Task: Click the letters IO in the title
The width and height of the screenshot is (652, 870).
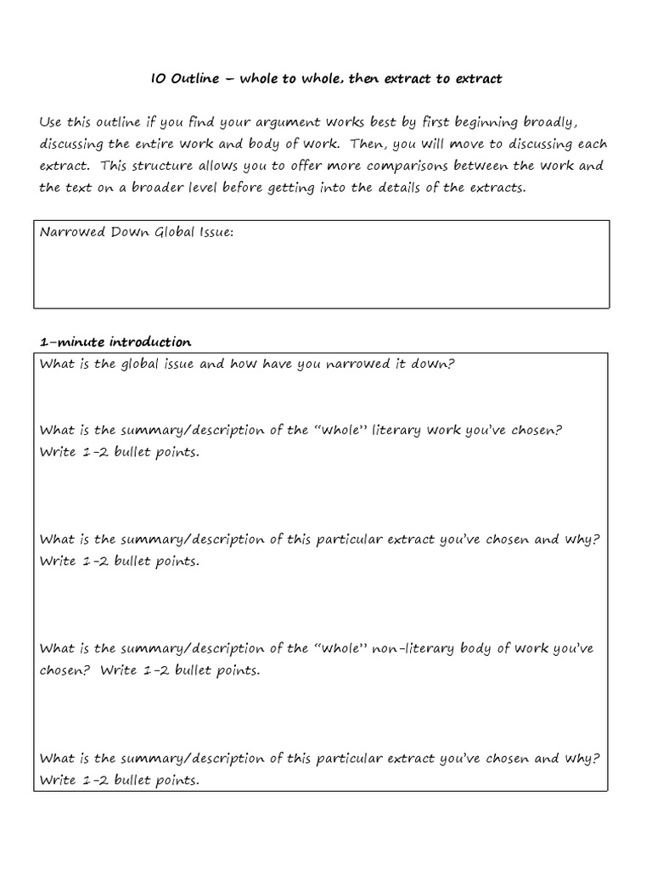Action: coord(157,79)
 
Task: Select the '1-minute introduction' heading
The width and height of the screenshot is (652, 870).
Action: coord(115,342)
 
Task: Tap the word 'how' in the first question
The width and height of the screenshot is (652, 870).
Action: coord(242,364)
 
